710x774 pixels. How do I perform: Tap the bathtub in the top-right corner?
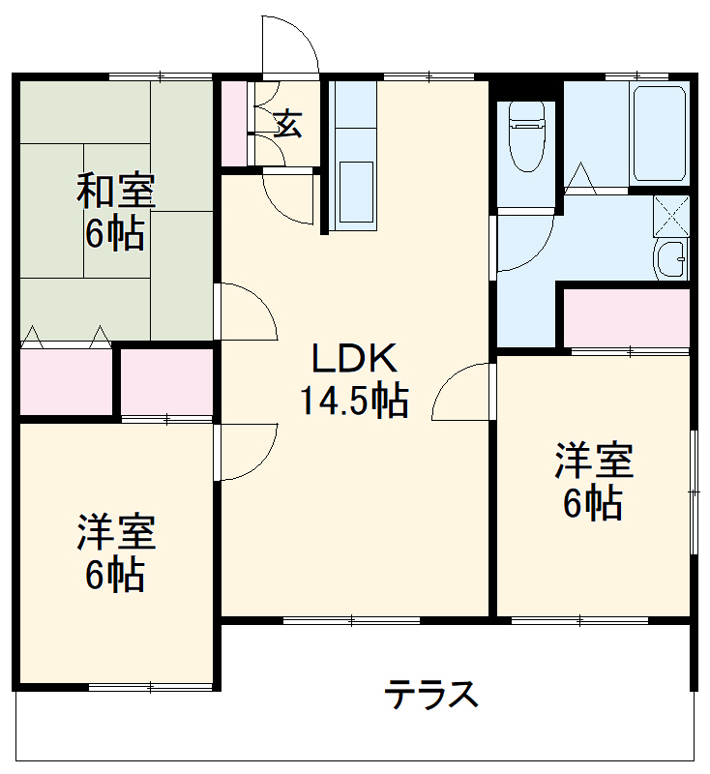click(x=660, y=134)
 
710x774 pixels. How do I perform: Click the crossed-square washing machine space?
click(x=671, y=215)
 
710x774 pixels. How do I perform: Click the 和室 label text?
click(x=116, y=192)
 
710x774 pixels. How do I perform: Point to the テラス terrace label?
click(x=431, y=694)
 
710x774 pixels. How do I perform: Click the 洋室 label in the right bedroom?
click(x=594, y=461)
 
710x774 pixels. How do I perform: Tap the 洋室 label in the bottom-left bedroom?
click(x=116, y=532)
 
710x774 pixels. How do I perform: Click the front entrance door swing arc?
click(x=289, y=44)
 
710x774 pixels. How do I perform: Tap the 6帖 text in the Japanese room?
click(x=116, y=233)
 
